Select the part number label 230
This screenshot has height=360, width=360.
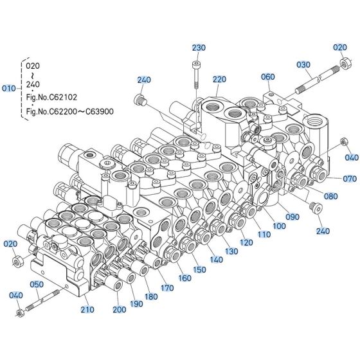point(199,48)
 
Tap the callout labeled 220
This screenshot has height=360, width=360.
point(220,80)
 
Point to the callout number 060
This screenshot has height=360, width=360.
point(267,76)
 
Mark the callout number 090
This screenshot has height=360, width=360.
point(292,217)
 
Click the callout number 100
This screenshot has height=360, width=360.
point(280,226)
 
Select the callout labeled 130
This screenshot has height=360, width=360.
point(231,251)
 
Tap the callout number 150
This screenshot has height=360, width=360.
point(200,269)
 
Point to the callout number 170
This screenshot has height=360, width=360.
point(167,289)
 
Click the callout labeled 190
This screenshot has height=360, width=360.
point(136,303)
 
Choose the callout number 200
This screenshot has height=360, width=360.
point(119,310)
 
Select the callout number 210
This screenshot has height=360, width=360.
point(88,310)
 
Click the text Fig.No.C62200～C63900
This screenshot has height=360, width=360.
point(69,111)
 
